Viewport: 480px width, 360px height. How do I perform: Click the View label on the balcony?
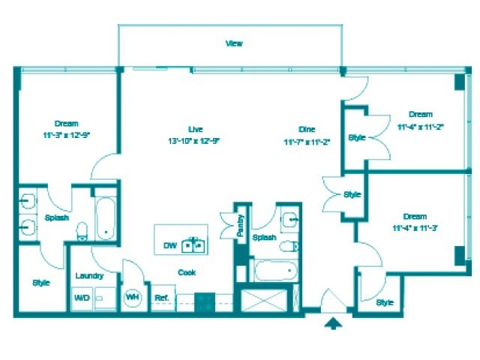pyautogui.click(x=234, y=43)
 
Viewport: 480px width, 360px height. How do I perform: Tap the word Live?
pyautogui.click(x=195, y=128)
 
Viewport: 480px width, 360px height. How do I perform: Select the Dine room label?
pyautogui.click(x=307, y=128)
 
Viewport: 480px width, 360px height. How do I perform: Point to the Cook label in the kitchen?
pyautogui.click(x=186, y=273)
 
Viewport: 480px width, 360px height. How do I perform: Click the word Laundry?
pyautogui.click(x=89, y=276)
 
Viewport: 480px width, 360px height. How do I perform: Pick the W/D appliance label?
pyautogui.click(x=81, y=298)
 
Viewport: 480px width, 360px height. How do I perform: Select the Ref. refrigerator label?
pyautogui.click(x=161, y=298)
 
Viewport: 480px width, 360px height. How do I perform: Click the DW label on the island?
pyautogui.click(x=169, y=245)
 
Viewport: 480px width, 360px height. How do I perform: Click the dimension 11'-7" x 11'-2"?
pyautogui.click(x=307, y=141)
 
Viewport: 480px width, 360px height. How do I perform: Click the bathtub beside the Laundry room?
pyautogui.click(x=105, y=218)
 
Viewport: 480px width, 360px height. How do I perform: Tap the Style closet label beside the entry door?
pyautogui.click(x=384, y=302)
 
